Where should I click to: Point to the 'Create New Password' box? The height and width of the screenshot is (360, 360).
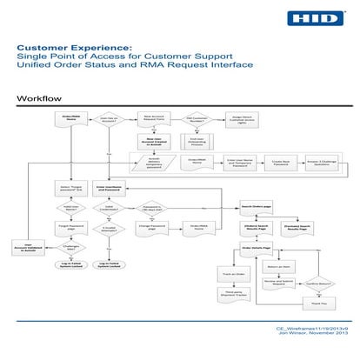[x=278, y=162]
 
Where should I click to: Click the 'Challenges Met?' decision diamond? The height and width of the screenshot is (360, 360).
[x=71, y=247]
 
